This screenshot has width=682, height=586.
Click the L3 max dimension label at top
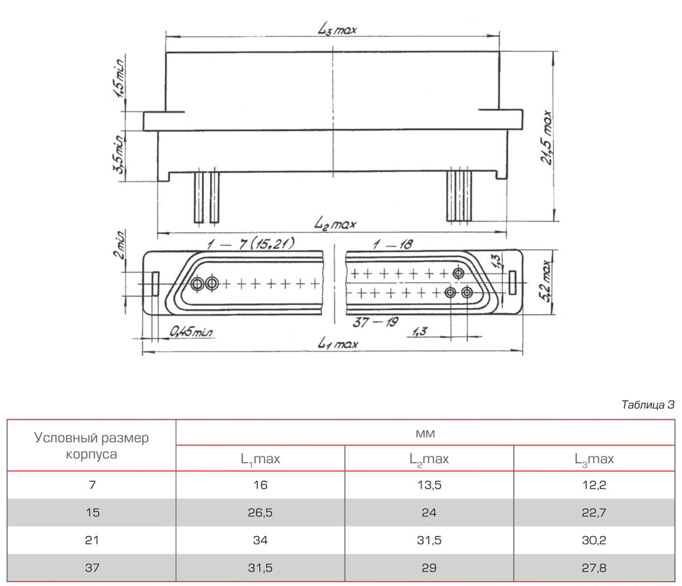(337, 30)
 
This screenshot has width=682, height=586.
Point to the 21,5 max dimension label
(546, 138)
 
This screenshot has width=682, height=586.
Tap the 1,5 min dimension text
(118, 78)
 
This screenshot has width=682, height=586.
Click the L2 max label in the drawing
(335, 225)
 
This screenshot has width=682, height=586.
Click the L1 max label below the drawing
(337, 344)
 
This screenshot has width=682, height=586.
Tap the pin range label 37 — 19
(376, 322)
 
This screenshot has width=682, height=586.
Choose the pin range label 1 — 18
(393, 244)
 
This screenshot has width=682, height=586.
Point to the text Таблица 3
(648, 405)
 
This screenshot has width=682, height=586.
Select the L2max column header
(429, 459)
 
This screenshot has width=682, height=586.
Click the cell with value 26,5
(260, 513)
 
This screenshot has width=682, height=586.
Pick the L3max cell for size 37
(594, 568)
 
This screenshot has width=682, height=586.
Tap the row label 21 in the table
(92, 540)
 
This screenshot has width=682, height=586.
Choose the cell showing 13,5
(429, 485)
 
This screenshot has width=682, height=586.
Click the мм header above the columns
(425, 433)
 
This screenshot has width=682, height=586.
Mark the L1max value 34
(260, 540)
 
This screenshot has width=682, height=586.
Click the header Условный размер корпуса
(92, 446)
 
